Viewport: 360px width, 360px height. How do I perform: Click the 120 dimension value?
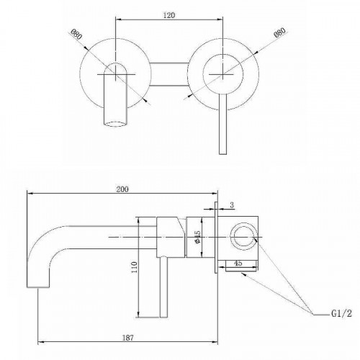click(x=169, y=14)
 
